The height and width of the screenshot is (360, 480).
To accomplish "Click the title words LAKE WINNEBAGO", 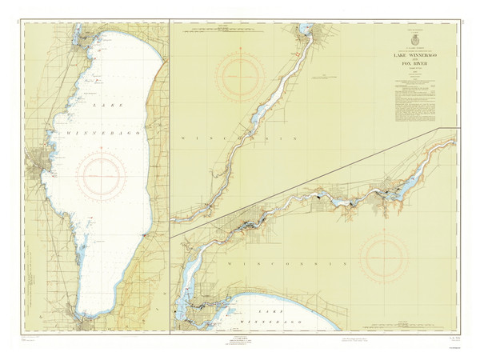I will [x=414, y=54].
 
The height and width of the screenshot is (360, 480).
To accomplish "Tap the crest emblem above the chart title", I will [x=414, y=39].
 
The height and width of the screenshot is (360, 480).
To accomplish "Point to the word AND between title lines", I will [x=414, y=60].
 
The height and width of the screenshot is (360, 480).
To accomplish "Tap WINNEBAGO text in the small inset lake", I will [x=272, y=319].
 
